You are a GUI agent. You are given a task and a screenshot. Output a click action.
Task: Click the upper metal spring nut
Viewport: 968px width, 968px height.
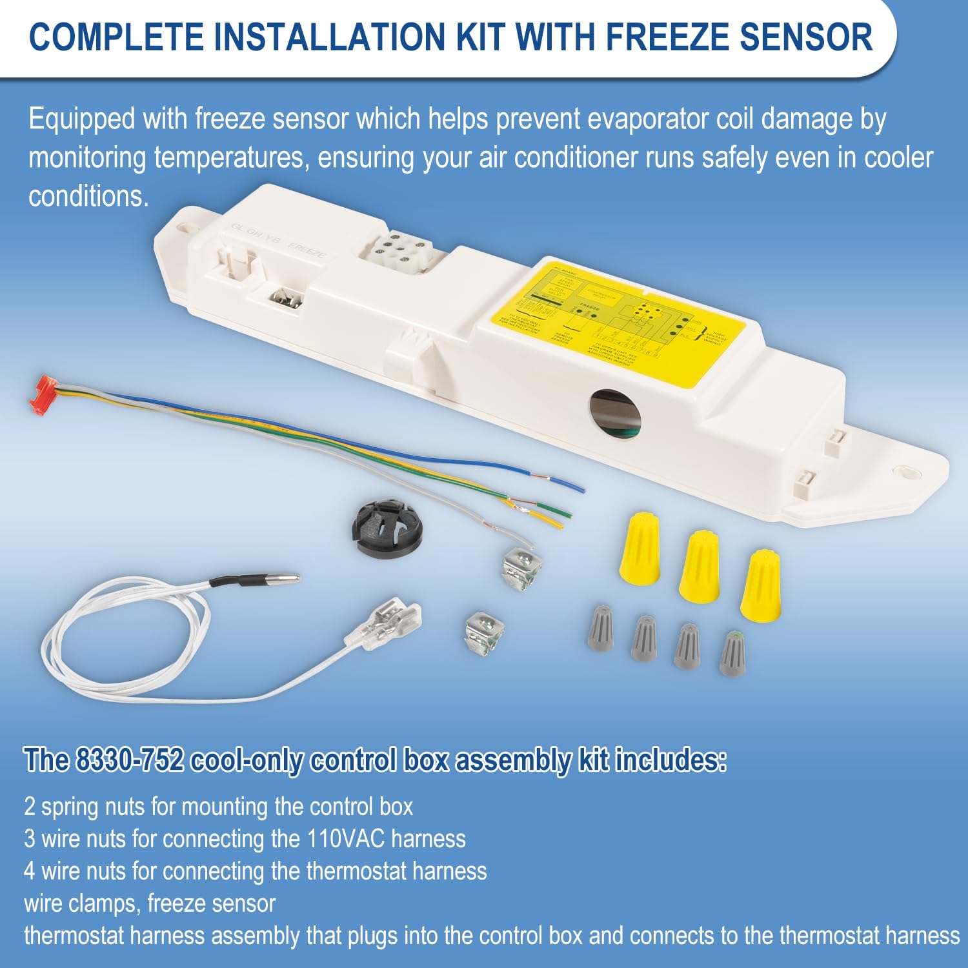(521, 566)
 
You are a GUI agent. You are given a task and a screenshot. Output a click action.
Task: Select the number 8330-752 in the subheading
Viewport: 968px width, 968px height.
(129, 761)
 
